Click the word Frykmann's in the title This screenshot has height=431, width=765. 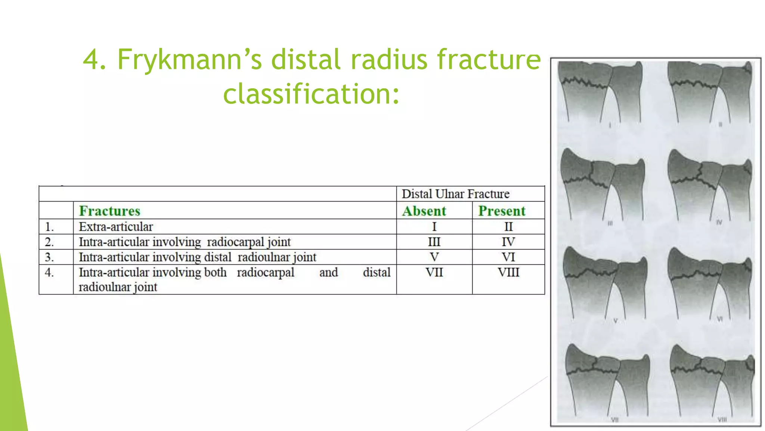pyautogui.click(x=190, y=60)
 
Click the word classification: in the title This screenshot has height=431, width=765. pyautogui.click(x=311, y=94)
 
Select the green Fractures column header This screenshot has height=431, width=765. pyautogui.click(x=109, y=211)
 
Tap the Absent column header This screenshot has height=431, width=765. pyautogui.click(x=424, y=211)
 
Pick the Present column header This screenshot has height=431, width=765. pyautogui.click(x=502, y=211)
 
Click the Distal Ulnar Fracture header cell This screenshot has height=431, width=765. pyautogui.click(x=455, y=194)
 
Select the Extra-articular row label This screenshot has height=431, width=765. pyautogui.click(x=116, y=227)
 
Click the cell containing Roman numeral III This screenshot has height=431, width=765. pyautogui.click(x=434, y=242)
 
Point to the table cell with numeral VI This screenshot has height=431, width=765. pyautogui.click(x=508, y=257)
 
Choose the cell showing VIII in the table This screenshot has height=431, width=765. pyautogui.click(x=508, y=272)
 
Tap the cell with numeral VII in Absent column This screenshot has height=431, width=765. pyautogui.click(x=434, y=272)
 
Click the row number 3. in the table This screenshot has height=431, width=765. pyautogui.click(x=49, y=257)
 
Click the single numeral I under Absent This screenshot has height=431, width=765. pyautogui.click(x=434, y=227)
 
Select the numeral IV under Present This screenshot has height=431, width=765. pyautogui.click(x=508, y=242)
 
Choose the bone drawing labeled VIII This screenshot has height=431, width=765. pyautogui.click(x=712, y=382)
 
